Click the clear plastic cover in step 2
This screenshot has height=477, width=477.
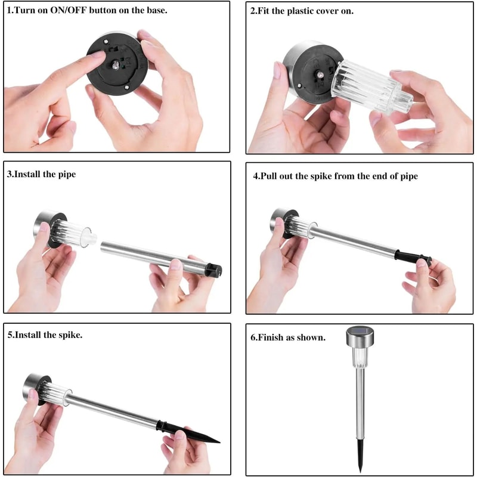[x=366, y=89]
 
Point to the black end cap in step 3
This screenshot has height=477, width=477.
[x=213, y=270]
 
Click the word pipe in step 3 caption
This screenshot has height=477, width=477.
[x=67, y=175]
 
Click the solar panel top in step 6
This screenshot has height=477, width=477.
[x=358, y=332]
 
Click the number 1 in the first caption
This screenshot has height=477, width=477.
[x=9, y=11]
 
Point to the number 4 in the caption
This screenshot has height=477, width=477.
[x=255, y=176]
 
